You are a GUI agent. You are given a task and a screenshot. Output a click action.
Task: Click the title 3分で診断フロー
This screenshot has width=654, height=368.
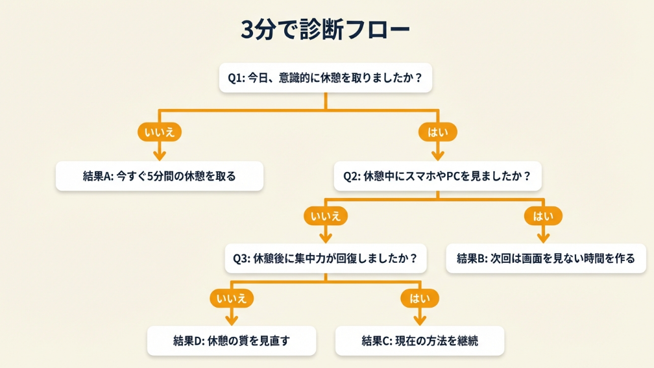[326, 30]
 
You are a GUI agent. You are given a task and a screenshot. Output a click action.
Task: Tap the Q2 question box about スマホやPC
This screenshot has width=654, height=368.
[437, 176]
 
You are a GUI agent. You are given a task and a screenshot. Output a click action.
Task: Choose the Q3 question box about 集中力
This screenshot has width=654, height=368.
[326, 258]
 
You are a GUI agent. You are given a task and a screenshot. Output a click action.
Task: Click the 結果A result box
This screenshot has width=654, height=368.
[160, 176]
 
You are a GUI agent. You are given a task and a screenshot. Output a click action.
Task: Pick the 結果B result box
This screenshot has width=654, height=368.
[546, 258]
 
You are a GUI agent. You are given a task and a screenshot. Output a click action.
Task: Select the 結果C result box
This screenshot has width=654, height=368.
[420, 341]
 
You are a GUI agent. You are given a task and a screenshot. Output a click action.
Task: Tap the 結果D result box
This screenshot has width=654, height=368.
[232, 341]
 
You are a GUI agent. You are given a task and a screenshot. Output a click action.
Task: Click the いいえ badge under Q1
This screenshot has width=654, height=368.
[160, 132]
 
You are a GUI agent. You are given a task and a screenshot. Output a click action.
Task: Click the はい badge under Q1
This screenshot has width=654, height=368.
[437, 132]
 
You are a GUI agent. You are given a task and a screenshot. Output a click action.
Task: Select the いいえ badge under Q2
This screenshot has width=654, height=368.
[326, 215]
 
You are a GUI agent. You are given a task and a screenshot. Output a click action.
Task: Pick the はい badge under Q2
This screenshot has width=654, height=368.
[543, 215]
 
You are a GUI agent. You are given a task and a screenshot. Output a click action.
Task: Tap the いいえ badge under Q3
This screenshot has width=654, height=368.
[232, 299]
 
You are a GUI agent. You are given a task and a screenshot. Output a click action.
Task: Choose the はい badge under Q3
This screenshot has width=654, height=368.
[420, 299]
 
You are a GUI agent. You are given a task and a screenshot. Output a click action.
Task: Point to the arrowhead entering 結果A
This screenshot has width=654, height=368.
[160, 155]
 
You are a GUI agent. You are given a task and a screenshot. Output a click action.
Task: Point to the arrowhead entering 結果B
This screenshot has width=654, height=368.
[543, 238]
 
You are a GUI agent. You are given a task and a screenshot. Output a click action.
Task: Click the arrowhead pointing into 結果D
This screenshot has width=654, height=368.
[232, 320]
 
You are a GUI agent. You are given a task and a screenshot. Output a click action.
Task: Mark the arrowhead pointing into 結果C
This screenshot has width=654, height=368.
[420, 320]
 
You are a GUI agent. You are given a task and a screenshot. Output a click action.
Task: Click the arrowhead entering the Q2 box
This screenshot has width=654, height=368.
[437, 155]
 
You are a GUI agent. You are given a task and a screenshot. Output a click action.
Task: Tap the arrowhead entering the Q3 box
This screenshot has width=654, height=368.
[326, 238]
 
